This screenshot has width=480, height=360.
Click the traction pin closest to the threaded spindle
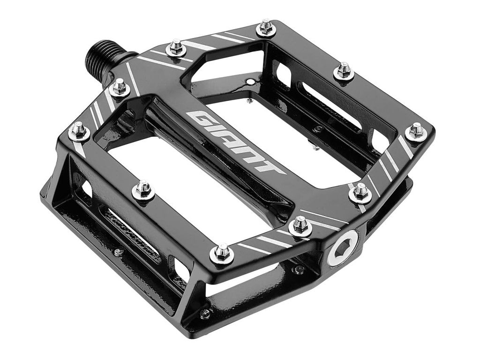[x=120, y=87]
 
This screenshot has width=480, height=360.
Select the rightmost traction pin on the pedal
[x=416, y=130]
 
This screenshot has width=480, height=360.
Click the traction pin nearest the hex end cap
[x=300, y=225]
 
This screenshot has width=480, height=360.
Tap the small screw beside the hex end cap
[x=299, y=269]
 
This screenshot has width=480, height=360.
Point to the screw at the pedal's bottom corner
[x=205, y=313]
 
